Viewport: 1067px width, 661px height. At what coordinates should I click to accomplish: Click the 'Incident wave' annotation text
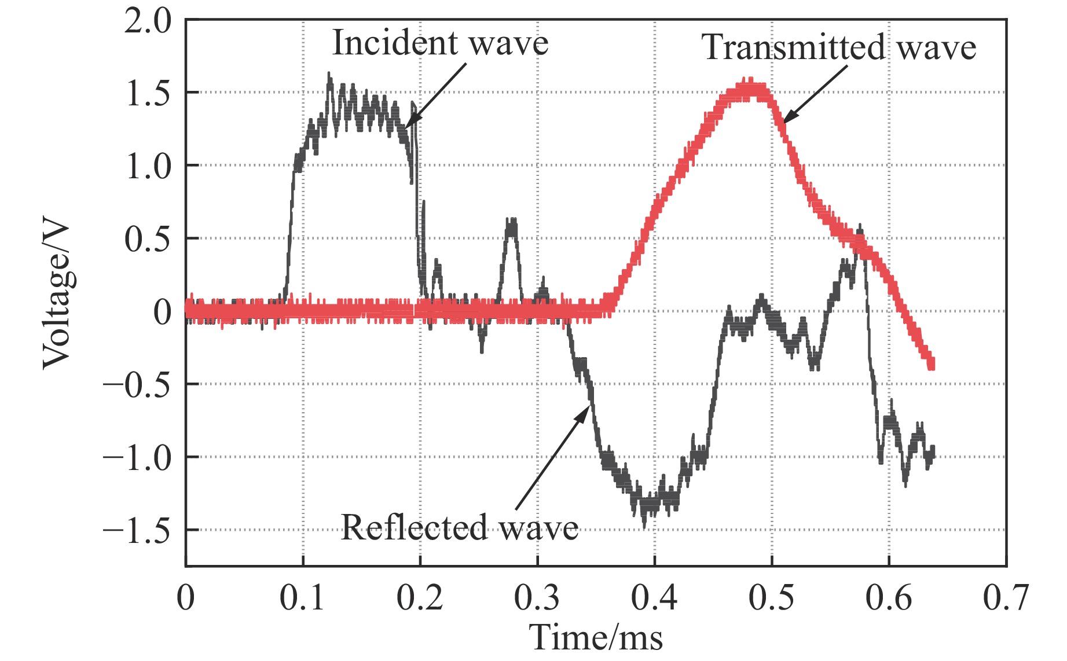pos(440,43)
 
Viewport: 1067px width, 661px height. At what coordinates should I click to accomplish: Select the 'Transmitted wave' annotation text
pos(839,47)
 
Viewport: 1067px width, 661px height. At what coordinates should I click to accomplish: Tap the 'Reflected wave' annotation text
pos(459,527)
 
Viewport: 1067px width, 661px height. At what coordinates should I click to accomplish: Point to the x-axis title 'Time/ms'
pos(596,637)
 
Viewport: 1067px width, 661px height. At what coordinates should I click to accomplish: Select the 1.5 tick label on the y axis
pos(148,93)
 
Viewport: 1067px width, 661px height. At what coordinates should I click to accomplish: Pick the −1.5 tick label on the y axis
pos(137,530)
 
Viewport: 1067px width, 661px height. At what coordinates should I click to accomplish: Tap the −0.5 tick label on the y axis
pos(137,384)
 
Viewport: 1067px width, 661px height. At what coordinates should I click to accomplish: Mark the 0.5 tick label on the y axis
pos(148,238)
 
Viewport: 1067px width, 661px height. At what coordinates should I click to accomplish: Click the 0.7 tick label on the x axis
pos(1006,597)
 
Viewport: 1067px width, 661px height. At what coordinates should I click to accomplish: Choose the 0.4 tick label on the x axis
pos(654,597)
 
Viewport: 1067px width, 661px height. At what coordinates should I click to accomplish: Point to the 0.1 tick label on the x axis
pos(303,597)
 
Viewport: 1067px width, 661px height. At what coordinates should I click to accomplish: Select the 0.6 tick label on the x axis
pos(888,597)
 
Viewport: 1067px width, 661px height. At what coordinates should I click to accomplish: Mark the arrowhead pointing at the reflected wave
pos(586,410)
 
